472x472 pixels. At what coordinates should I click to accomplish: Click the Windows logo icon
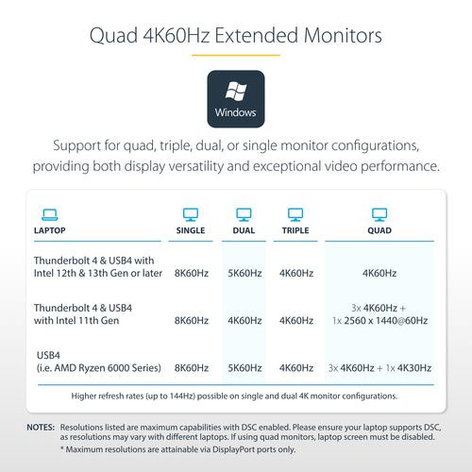click(x=236, y=91)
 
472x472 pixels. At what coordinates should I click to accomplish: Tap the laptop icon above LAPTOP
click(x=50, y=215)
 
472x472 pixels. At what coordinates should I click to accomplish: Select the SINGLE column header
click(x=191, y=230)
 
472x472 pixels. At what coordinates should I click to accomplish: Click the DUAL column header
click(x=244, y=230)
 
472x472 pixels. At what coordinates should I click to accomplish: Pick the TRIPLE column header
click(x=295, y=230)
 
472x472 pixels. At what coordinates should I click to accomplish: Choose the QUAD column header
click(x=379, y=230)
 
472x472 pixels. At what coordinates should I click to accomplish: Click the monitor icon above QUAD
click(x=379, y=214)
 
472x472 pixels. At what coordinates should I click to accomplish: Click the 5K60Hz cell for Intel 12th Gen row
click(x=244, y=273)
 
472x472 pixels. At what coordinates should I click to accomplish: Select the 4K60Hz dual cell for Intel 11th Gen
click(x=244, y=321)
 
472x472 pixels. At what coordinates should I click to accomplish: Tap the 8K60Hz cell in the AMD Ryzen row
click(x=192, y=368)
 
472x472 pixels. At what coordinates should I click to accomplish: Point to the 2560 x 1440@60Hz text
click(x=386, y=321)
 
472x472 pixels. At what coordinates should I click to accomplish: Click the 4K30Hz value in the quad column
click(x=414, y=368)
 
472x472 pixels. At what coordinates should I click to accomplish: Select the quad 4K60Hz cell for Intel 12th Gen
click(x=379, y=273)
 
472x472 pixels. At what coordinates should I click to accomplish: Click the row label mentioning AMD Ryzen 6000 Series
click(x=99, y=362)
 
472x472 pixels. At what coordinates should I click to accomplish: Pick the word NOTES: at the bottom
click(x=41, y=428)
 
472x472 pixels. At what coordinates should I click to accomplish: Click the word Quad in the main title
click(x=113, y=36)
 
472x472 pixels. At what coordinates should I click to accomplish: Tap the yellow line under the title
click(x=236, y=55)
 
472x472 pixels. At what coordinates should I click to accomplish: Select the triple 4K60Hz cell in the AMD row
click(x=296, y=368)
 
